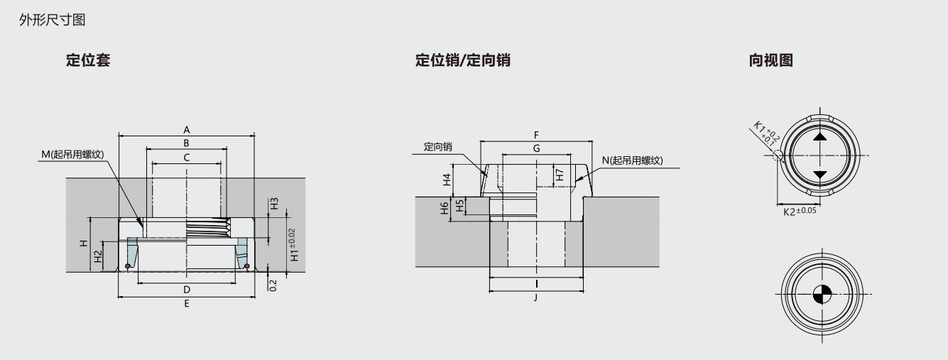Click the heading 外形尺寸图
coord(53,21)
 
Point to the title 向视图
coord(771,60)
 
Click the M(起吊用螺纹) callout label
coord(73,154)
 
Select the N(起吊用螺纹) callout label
coord(631,160)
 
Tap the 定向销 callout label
coord(438,147)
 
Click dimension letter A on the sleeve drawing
coord(187,130)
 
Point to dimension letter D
coord(187,290)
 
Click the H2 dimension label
coord(99,255)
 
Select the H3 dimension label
coord(274,204)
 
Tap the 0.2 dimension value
coord(274,285)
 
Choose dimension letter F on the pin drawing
coord(537,134)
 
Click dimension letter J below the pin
coord(537,297)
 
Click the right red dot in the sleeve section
coord(246,266)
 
